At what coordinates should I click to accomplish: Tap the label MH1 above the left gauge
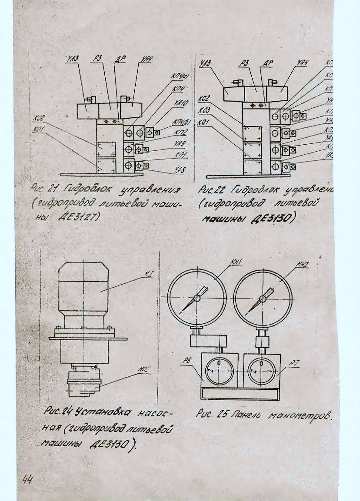coord(236,262)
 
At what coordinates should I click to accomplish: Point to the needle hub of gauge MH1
coord(197,298)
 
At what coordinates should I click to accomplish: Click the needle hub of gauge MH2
coord(262,299)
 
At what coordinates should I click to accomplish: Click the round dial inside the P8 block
coord(220,370)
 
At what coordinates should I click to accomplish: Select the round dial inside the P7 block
coord(262,370)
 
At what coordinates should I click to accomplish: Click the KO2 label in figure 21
coord(39,117)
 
